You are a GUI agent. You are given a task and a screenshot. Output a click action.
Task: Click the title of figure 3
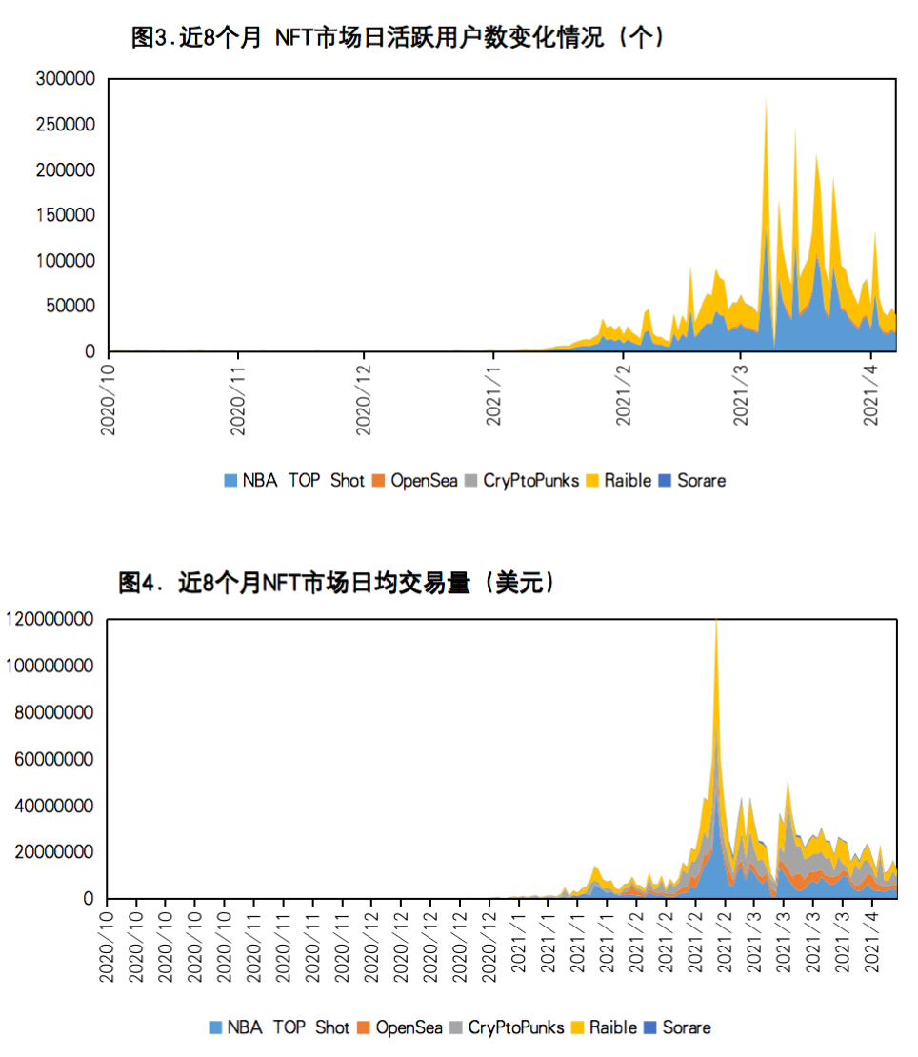[398, 37]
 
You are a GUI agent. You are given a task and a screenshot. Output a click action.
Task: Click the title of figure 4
[337, 583]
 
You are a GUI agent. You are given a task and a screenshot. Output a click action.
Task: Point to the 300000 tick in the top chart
[66, 79]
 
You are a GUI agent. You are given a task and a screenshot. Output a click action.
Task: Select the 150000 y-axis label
[66, 215]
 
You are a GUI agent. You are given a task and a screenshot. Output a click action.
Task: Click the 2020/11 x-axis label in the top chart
[238, 400]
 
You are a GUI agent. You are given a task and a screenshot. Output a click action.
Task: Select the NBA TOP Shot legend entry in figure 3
[294, 481]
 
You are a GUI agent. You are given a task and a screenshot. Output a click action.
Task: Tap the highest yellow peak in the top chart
[767, 99]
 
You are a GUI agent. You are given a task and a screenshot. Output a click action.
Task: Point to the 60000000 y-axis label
[53, 760]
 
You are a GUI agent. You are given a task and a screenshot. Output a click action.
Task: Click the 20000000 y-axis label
[53, 852]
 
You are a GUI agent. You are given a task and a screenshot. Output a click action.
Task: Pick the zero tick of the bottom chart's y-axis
[89, 898]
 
